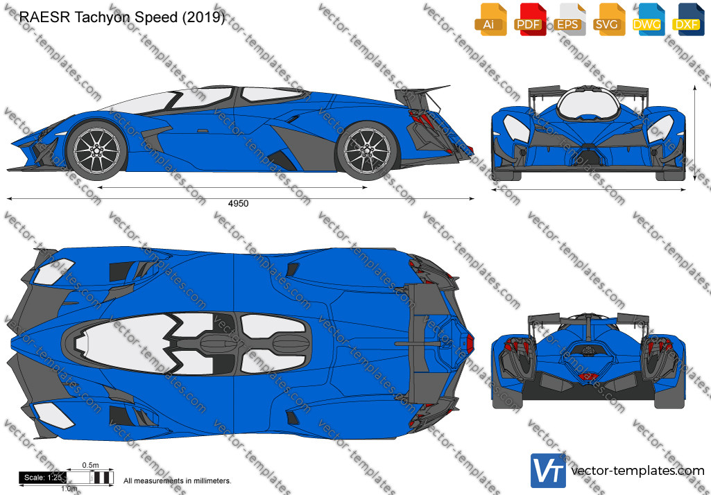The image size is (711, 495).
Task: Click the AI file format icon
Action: click(490, 19)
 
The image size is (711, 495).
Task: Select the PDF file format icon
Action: click(529, 19)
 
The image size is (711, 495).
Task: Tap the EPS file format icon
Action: click(569, 19)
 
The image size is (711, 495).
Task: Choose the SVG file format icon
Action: click(608, 19)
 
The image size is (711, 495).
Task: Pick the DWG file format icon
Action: click(648, 19)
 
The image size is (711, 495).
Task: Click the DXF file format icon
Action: click(688, 19)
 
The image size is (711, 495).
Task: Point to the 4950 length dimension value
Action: click(238, 204)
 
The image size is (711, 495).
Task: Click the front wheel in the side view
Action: click(96, 150)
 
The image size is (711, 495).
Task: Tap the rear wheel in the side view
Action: click(367, 150)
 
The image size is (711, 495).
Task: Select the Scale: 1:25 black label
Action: click(42, 477)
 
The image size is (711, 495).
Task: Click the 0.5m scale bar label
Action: click(90, 465)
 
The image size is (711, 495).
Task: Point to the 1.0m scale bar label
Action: click(69, 489)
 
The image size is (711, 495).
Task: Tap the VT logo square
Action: click(548, 471)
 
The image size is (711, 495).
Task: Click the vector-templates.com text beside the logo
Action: click(637, 471)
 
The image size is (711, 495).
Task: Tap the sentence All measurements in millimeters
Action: click(178, 481)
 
